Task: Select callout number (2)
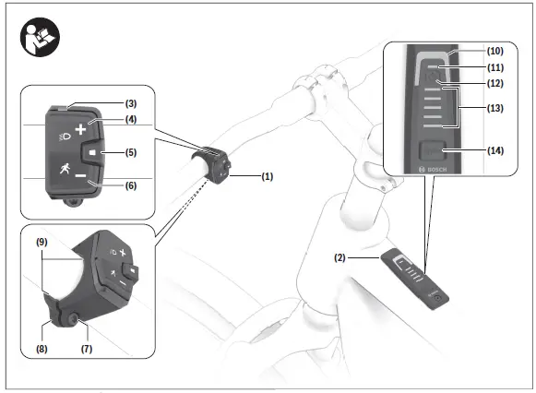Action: pos(339,259)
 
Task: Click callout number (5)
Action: pos(131,152)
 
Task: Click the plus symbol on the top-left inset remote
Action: pos(81,129)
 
